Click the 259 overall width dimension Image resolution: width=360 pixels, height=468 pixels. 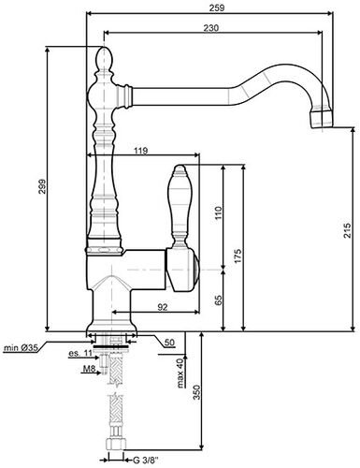click(216, 9)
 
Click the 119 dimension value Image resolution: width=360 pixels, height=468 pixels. click(140, 151)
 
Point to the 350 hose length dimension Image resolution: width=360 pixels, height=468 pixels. click(195, 396)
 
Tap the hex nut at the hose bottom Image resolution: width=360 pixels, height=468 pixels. click(117, 456)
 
